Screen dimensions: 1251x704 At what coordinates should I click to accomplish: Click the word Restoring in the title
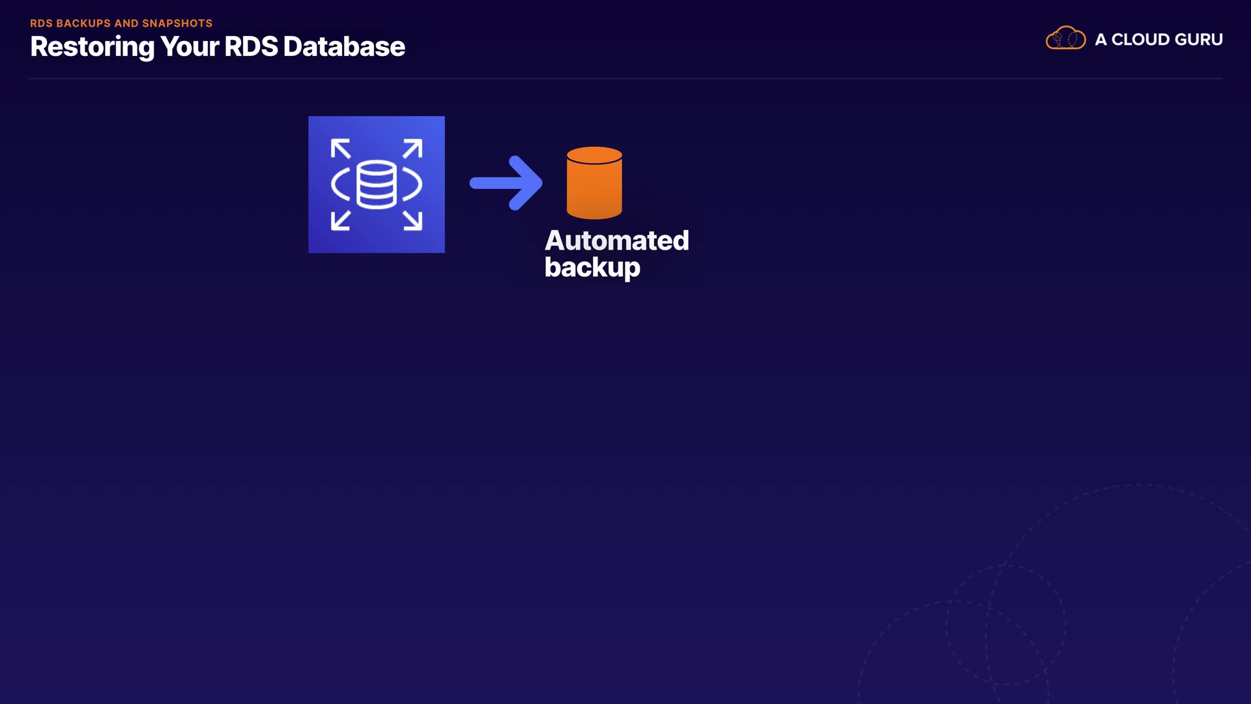(92, 47)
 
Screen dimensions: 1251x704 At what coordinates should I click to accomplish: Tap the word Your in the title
(189, 47)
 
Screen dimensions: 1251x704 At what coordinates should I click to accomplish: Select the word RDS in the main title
(251, 47)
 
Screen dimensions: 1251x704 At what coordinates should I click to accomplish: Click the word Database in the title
(344, 47)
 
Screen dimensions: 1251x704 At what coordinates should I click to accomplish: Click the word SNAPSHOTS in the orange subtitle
(177, 23)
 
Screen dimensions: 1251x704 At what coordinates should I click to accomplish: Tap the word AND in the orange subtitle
(126, 23)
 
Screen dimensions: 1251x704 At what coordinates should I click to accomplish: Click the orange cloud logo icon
(1065, 38)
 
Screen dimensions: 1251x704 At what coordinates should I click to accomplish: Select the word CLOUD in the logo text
(1141, 40)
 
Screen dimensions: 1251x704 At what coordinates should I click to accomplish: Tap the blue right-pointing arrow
(506, 183)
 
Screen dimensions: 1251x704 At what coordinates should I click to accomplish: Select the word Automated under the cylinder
(616, 241)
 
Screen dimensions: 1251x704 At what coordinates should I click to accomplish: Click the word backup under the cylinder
(592, 267)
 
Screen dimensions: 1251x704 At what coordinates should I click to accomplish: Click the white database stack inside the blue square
(377, 184)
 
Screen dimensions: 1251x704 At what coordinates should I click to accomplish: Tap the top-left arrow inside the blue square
(340, 149)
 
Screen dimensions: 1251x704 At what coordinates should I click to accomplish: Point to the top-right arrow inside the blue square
(413, 149)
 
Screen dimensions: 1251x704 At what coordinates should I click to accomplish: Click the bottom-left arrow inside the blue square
(340, 220)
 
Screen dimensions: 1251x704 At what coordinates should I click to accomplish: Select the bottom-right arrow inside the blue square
(413, 220)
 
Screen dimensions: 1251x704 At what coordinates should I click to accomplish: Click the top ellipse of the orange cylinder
(594, 155)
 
